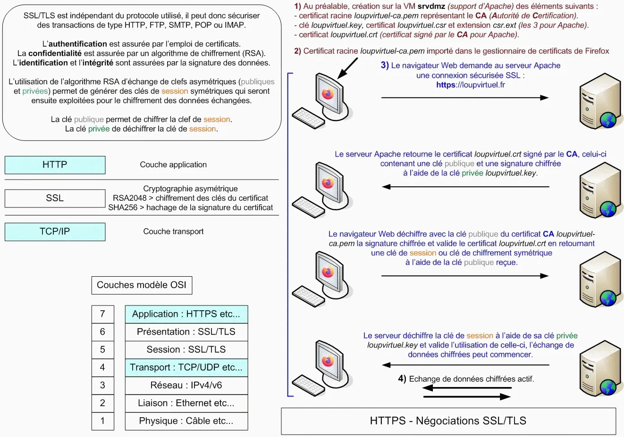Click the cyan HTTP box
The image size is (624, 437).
(55, 165)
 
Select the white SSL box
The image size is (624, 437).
(55, 198)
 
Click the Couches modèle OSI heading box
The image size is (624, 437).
(142, 285)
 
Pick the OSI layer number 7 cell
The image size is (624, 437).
(102, 314)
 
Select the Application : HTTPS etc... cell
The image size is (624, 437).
(186, 314)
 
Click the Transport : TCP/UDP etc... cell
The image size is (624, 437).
(186, 368)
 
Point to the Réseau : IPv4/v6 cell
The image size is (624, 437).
(186, 386)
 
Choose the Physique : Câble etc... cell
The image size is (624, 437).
(186, 421)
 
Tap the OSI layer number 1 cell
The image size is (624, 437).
(102, 421)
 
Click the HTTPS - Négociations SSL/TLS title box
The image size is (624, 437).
(448, 421)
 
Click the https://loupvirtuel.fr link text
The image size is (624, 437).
(471, 85)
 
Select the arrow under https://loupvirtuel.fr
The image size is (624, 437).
(464, 98)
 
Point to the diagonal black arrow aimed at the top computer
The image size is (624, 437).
(348, 68)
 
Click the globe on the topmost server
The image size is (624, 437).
(608, 120)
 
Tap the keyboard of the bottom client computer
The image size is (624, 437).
(308, 383)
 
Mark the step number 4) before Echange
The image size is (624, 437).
(402, 379)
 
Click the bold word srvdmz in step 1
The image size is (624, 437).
(431, 7)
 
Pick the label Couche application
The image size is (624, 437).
(173, 165)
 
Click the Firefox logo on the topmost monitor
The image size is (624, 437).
(328, 93)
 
